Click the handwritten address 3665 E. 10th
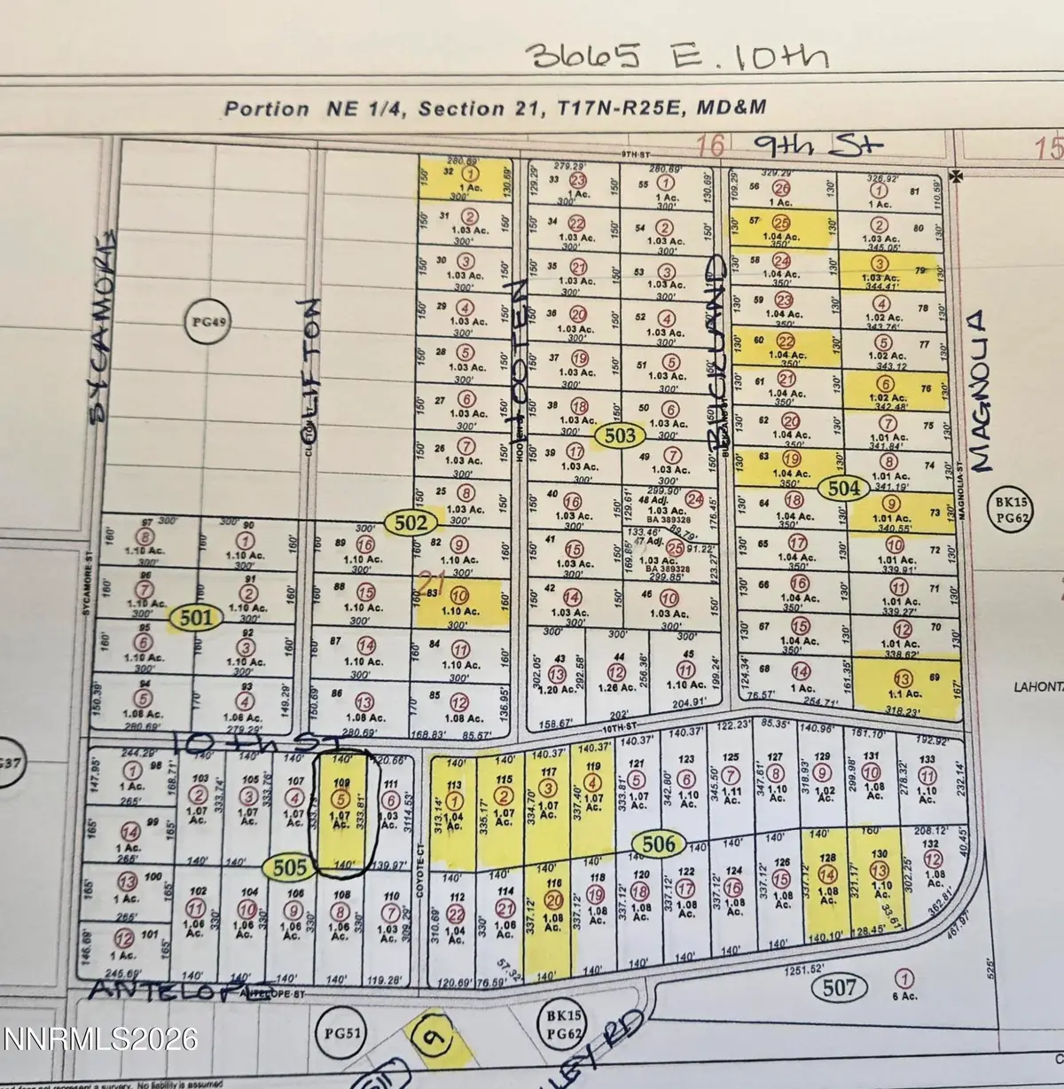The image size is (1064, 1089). pyautogui.click(x=678, y=55)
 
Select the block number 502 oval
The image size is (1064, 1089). pyautogui.click(x=412, y=522)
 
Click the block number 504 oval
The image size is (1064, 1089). pyautogui.click(x=845, y=487)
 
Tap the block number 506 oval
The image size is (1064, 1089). pyautogui.click(x=659, y=844)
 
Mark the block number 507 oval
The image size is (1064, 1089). pyautogui.click(x=839, y=987)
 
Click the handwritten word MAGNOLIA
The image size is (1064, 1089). pyautogui.click(x=979, y=390)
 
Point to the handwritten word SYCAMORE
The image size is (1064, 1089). pyautogui.click(x=105, y=302)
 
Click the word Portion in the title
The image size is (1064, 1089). pyautogui.click(x=267, y=109)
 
